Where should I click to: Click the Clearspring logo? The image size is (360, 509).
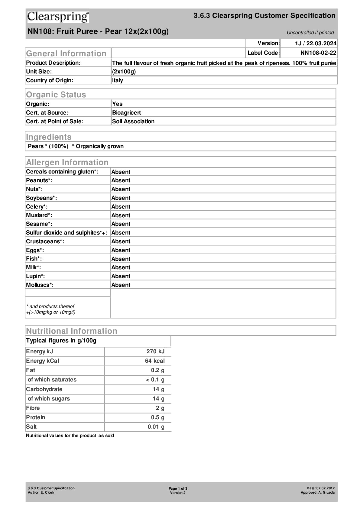[x=58, y=17]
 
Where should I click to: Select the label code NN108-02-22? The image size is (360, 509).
[x=318, y=53]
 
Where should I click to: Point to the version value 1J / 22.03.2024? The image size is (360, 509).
[x=316, y=43]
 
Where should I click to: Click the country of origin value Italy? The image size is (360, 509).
[x=118, y=80]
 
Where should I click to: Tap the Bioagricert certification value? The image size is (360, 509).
[x=126, y=112]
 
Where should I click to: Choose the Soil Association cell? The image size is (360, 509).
[x=133, y=121]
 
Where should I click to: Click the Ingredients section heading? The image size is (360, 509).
[x=49, y=137]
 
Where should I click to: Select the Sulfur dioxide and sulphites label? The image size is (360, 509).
[x=66, y=232]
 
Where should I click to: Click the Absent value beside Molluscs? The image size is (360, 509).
[x=121, y=285]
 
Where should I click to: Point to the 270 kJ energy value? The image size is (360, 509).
[x=155, y=351]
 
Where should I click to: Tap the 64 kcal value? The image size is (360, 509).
[x=155, y=361]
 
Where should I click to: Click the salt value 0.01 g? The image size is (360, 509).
[x=156, y=426]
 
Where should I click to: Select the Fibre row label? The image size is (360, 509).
[x=33, y=408]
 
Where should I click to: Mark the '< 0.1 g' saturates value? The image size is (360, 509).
[x=155, y=380]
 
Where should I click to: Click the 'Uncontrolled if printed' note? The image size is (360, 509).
[x=310, y=33]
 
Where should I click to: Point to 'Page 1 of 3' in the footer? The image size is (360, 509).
[x=178, y=488]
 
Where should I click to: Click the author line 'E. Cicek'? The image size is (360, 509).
[x=41, y=492]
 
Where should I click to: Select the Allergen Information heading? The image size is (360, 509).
[x=67, y=162]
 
